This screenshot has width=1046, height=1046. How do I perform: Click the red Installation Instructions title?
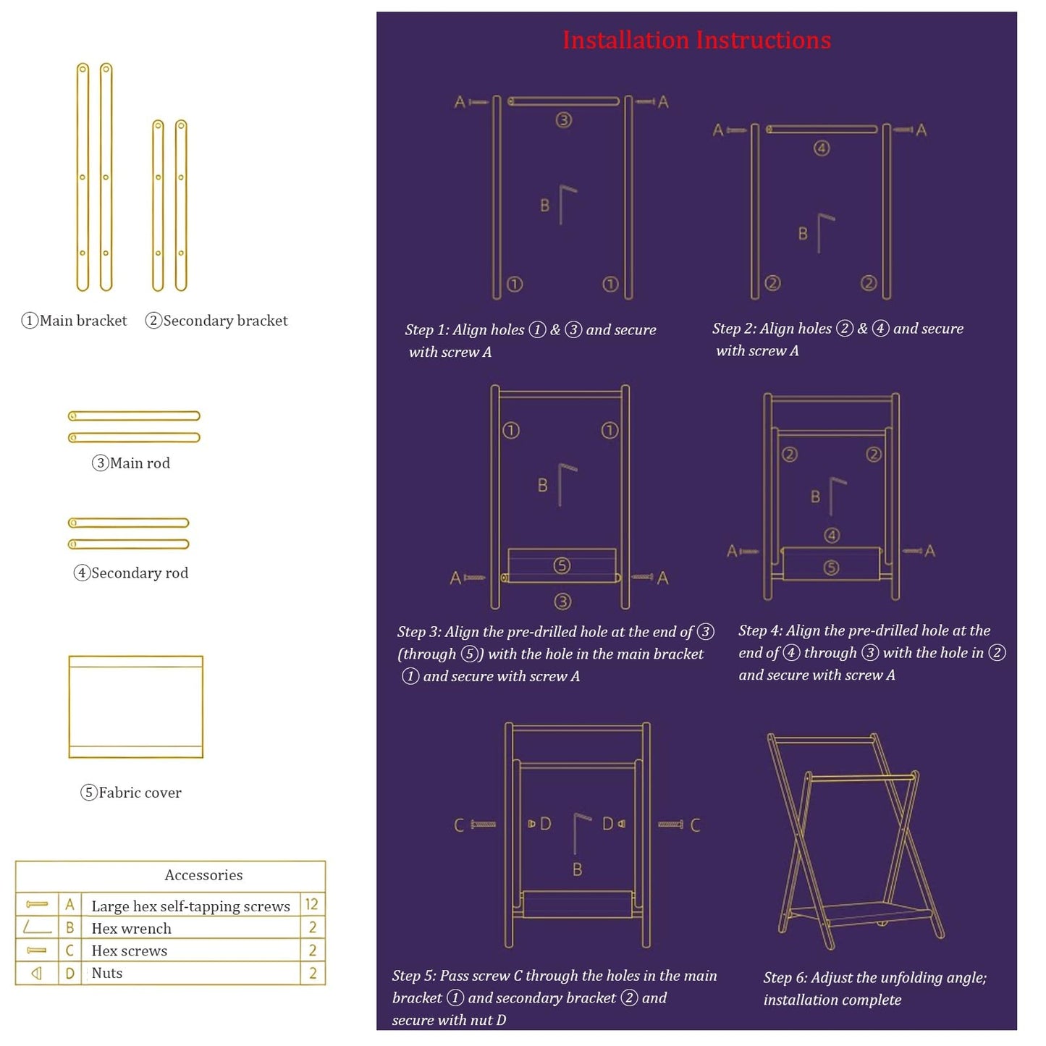click(x=696, y=40)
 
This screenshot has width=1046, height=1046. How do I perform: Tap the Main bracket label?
click(x=75, y=320)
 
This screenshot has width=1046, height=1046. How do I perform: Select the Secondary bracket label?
click(x=216, y=320)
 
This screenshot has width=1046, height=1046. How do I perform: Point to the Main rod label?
click(x=131, y=463)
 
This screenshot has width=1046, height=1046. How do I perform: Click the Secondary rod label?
click(x=131, y=573)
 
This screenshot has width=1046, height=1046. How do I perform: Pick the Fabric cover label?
click(x=131, y=793)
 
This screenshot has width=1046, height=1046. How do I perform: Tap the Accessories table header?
click(x=203, y=875)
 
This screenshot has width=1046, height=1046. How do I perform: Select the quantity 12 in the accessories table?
click(x=311, y=904)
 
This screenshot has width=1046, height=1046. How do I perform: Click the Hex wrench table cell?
click(x=131, y=928)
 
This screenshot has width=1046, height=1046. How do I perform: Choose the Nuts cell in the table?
click(x=107, y=973)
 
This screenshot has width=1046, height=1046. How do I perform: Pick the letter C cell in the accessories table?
click(x=69, y=950)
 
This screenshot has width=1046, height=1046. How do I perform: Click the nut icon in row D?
click(x=36, y=974)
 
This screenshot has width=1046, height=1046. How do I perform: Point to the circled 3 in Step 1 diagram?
click(x=563, y=120)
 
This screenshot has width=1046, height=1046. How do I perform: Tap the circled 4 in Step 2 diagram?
click(x=822, y=148)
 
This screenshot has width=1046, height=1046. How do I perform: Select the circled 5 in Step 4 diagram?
click(x=831, y=568)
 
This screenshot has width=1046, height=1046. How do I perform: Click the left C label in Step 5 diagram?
click(x=459, y=826)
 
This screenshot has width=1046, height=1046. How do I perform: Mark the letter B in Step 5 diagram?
click(x=578, y=869)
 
